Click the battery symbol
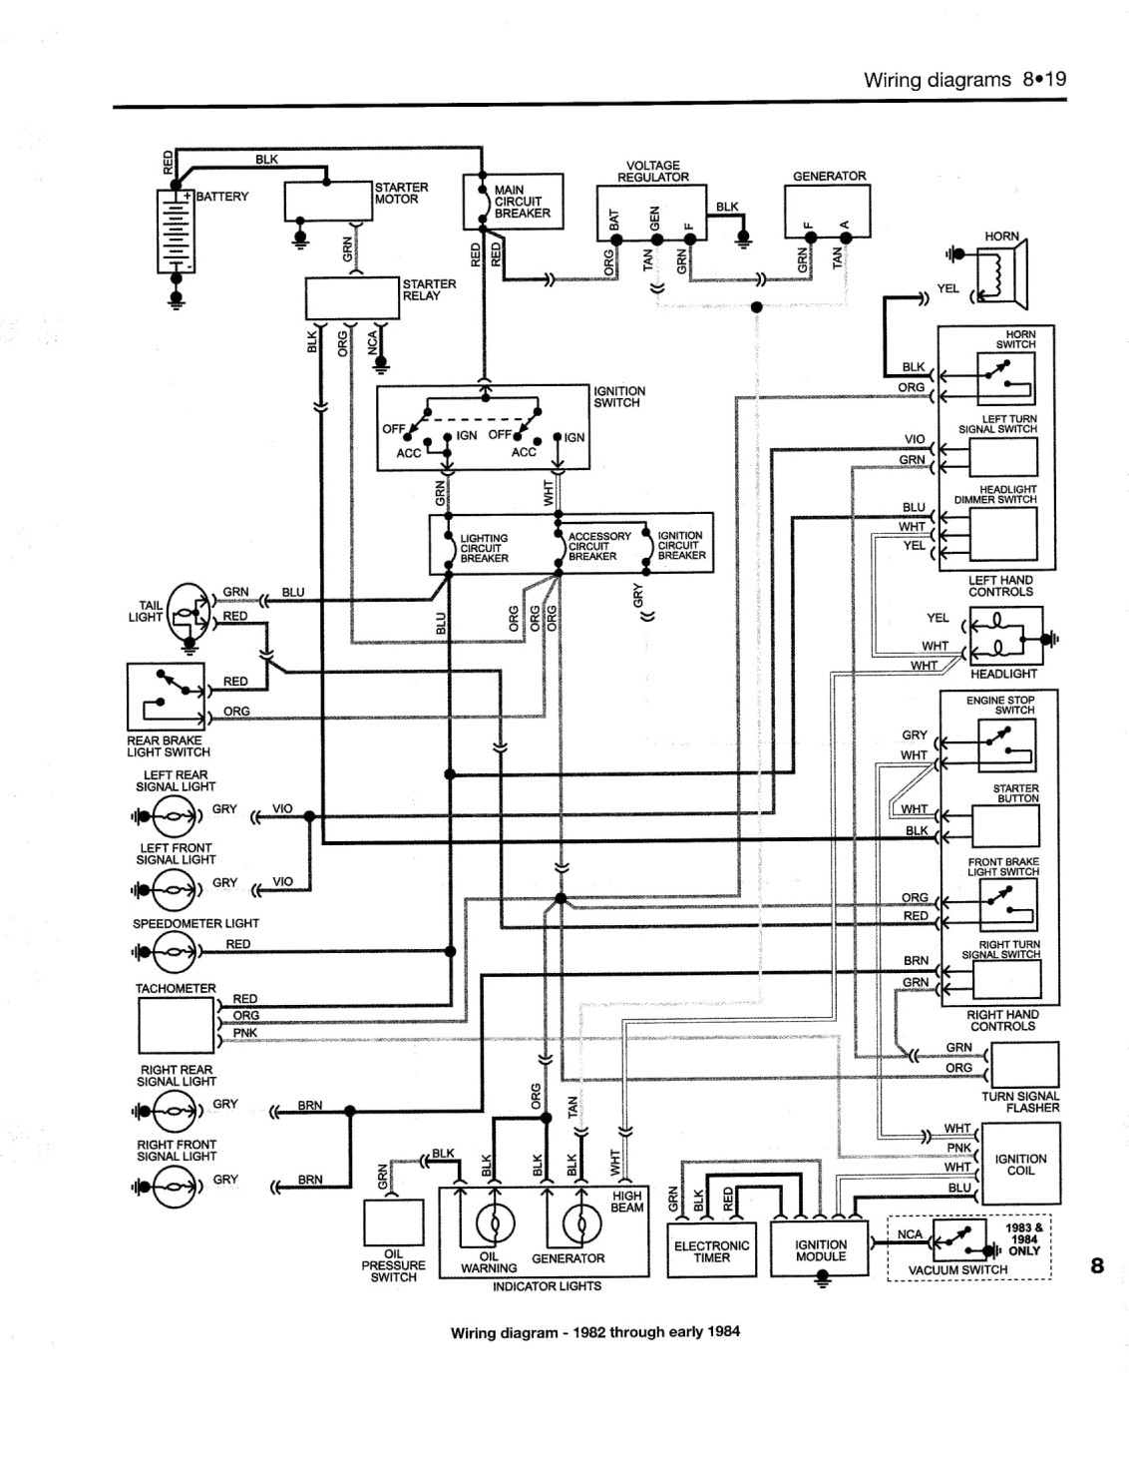[x=176, y=232]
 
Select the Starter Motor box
[x=328, y=201]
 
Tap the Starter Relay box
[x=352, y=298]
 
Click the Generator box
[x=827, y=212]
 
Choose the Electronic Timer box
[x=711, y=1250]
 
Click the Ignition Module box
[x=820, y=1248]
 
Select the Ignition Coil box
[x=1020, y=1164]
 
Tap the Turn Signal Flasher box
[x=1024, y=1065]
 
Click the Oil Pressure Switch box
[x=394, y=1222]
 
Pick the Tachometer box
[x=177, y=1025]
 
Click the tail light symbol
[x=189, y=614]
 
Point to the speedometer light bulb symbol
[x=174, y=952]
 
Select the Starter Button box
[x=1005, y=826]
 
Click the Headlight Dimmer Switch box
[x=1002, y=534]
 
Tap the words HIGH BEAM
[x=627, y=1202]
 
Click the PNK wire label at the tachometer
[x=245, y=1033]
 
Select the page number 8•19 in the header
[x=1045, y=80]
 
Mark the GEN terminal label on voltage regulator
[x=654, y=219]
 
